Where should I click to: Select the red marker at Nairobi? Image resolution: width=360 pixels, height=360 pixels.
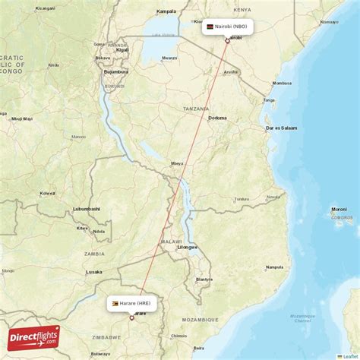pyautogui.click(x=226, y=40)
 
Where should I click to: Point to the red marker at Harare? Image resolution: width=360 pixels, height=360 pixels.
pyautogui.click(x=131, y=318)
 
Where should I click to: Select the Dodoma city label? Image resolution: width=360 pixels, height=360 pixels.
pyautogui.click(x=217, y=118)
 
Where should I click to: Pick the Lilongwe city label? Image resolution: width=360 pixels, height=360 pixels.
pyautogui.click(x=187, y=247)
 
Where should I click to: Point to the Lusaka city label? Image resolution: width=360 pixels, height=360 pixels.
pyautogui.click(x=94, y=272)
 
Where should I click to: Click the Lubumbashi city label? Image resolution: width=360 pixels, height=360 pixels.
pyautogui.click(x=87, y=208)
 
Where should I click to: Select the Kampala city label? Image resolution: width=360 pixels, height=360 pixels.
pyautogui.click(x=166, y=11)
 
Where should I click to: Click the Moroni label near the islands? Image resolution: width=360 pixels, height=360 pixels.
pyautogui.click(x=339, y=209)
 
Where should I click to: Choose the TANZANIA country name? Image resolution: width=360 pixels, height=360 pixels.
pyautogui.click(x=196, y=109)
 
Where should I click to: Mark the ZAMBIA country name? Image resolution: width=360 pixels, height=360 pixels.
pyautogui.click(x=95, y=253)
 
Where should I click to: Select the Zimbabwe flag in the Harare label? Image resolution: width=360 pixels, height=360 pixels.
pyautogui.click(x=115, y=303)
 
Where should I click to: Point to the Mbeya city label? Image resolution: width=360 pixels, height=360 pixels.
pyautogui.click(x=177, y=163)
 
